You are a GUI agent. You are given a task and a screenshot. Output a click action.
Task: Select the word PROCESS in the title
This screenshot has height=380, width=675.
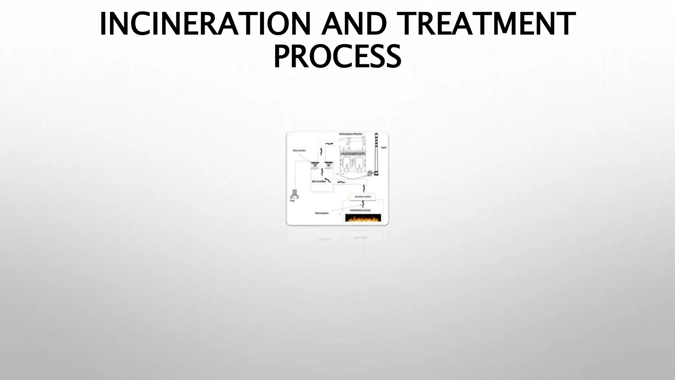coord(337,57)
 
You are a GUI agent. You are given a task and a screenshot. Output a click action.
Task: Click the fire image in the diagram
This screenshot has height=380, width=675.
coord(363,218)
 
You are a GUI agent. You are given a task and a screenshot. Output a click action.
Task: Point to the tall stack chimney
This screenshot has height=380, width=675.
coord(376,155)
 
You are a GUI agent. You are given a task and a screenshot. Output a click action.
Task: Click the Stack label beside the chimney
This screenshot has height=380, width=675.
coord(384,147)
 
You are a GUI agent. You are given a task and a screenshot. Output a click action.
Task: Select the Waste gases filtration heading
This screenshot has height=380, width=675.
coord(351,134)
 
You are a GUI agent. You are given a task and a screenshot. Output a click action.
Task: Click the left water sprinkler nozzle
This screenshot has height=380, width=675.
coord(315,164)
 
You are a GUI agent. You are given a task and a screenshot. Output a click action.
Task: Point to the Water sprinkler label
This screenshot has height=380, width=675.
coord(299,150)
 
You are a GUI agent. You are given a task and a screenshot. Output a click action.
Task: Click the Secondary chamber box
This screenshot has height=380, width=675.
coord(363,197)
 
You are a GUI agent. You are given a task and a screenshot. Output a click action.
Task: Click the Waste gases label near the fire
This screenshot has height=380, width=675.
coord(322,213)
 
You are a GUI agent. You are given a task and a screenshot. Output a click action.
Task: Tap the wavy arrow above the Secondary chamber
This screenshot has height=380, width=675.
coord(364,188)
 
